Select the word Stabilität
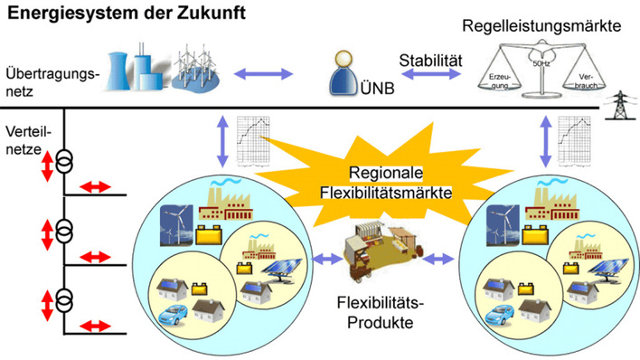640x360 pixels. coord(431,60)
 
